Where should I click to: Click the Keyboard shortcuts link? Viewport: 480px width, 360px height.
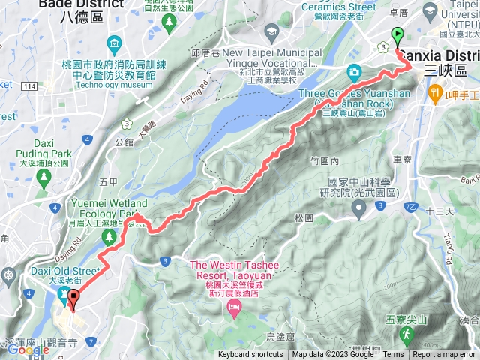[x=250, y=355]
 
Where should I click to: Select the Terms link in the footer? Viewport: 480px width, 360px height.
[x=393, y=355]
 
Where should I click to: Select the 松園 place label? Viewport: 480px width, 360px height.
[x=304, y=218]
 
